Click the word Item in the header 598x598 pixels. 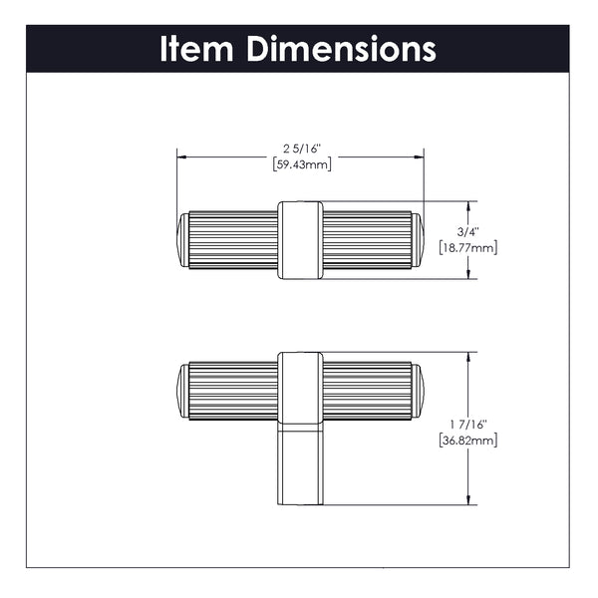196,49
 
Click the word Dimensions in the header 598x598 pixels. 341,49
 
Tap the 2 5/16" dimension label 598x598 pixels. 302,149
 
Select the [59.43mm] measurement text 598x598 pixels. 302,164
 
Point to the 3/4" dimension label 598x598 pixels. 468,232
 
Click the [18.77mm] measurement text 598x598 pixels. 468,248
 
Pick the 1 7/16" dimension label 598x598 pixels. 468,425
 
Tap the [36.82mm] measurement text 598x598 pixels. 468,441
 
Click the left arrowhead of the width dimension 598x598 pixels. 181,157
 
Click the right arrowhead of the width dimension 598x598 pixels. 420,157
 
